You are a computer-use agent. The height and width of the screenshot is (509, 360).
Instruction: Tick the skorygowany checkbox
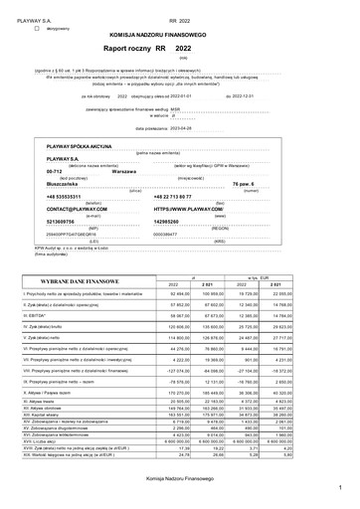click(x=37, y=28)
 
